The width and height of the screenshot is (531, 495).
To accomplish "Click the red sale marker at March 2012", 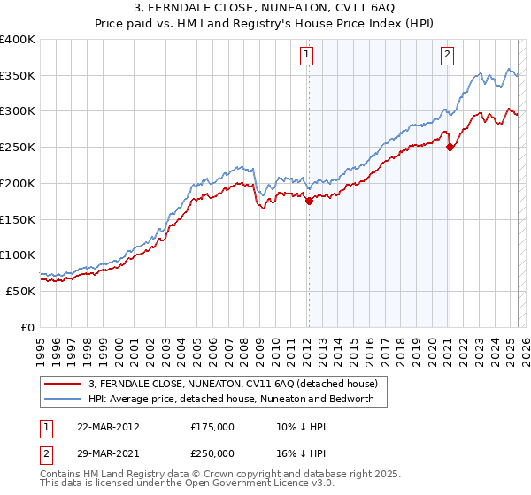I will tap(309, 202).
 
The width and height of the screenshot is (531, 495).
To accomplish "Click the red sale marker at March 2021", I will tap(450, 147).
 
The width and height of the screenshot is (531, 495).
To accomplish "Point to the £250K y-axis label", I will tap(18, 148).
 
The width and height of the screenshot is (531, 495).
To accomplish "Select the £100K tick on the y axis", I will tap(18, 255).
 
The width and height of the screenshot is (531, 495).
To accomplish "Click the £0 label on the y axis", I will tap(27, 326).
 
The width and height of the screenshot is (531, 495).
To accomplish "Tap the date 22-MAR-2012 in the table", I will tap(109, 426).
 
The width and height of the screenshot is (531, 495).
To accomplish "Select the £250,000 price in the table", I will tap(212, 453).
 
